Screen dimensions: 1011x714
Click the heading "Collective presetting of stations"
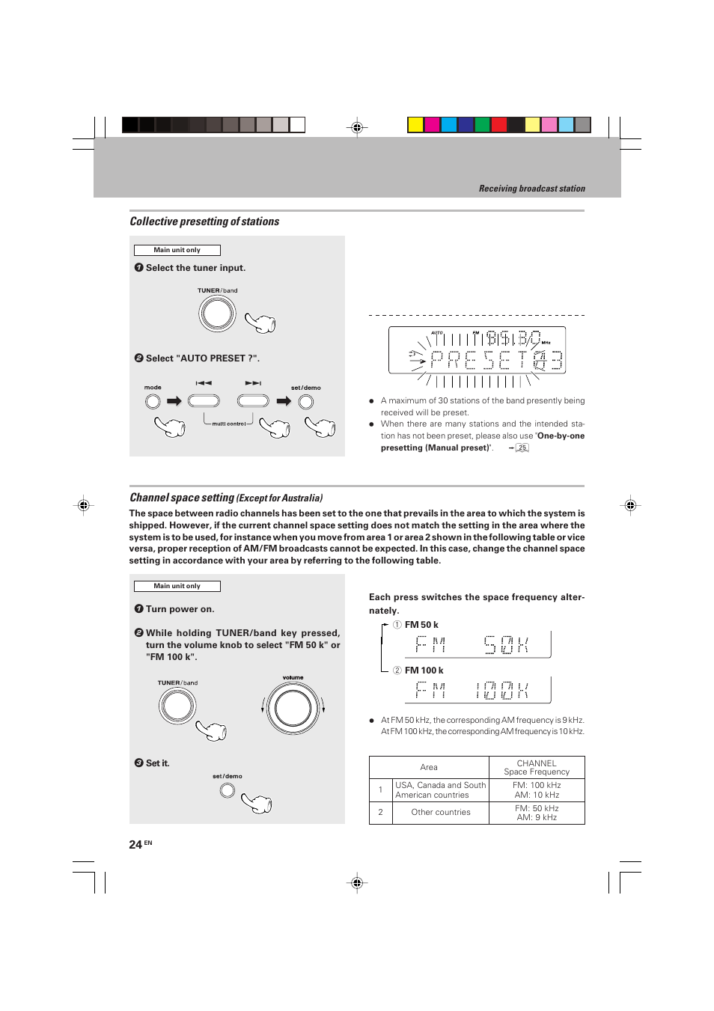(204, 222)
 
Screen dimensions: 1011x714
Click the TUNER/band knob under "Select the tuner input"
(217, 314)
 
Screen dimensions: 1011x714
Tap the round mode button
(153, 402)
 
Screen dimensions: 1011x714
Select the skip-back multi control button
(204, 401)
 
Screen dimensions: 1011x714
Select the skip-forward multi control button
(253, 401)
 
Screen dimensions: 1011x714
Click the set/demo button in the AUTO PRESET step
(306, 402)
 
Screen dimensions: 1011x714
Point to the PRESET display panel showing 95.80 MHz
(477, 350)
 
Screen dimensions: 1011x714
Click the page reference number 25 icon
(522, 448)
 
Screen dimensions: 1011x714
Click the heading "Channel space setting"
(182, 498)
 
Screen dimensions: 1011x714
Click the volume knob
(293, 708)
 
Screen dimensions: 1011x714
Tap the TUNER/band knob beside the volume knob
(177, 706)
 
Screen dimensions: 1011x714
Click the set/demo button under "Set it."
(228, 790)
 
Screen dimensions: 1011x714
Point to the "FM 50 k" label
(421, 625)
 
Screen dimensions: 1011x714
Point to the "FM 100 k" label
(424, 671)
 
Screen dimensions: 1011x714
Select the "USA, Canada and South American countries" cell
(441, 790)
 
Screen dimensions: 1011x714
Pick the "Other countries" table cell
(441, 813)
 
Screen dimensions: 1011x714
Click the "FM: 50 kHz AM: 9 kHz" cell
(537, 813)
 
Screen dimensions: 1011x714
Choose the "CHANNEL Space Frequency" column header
(537, 768)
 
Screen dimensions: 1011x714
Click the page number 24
(135, 845)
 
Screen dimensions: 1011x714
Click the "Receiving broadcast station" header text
(531, 189)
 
